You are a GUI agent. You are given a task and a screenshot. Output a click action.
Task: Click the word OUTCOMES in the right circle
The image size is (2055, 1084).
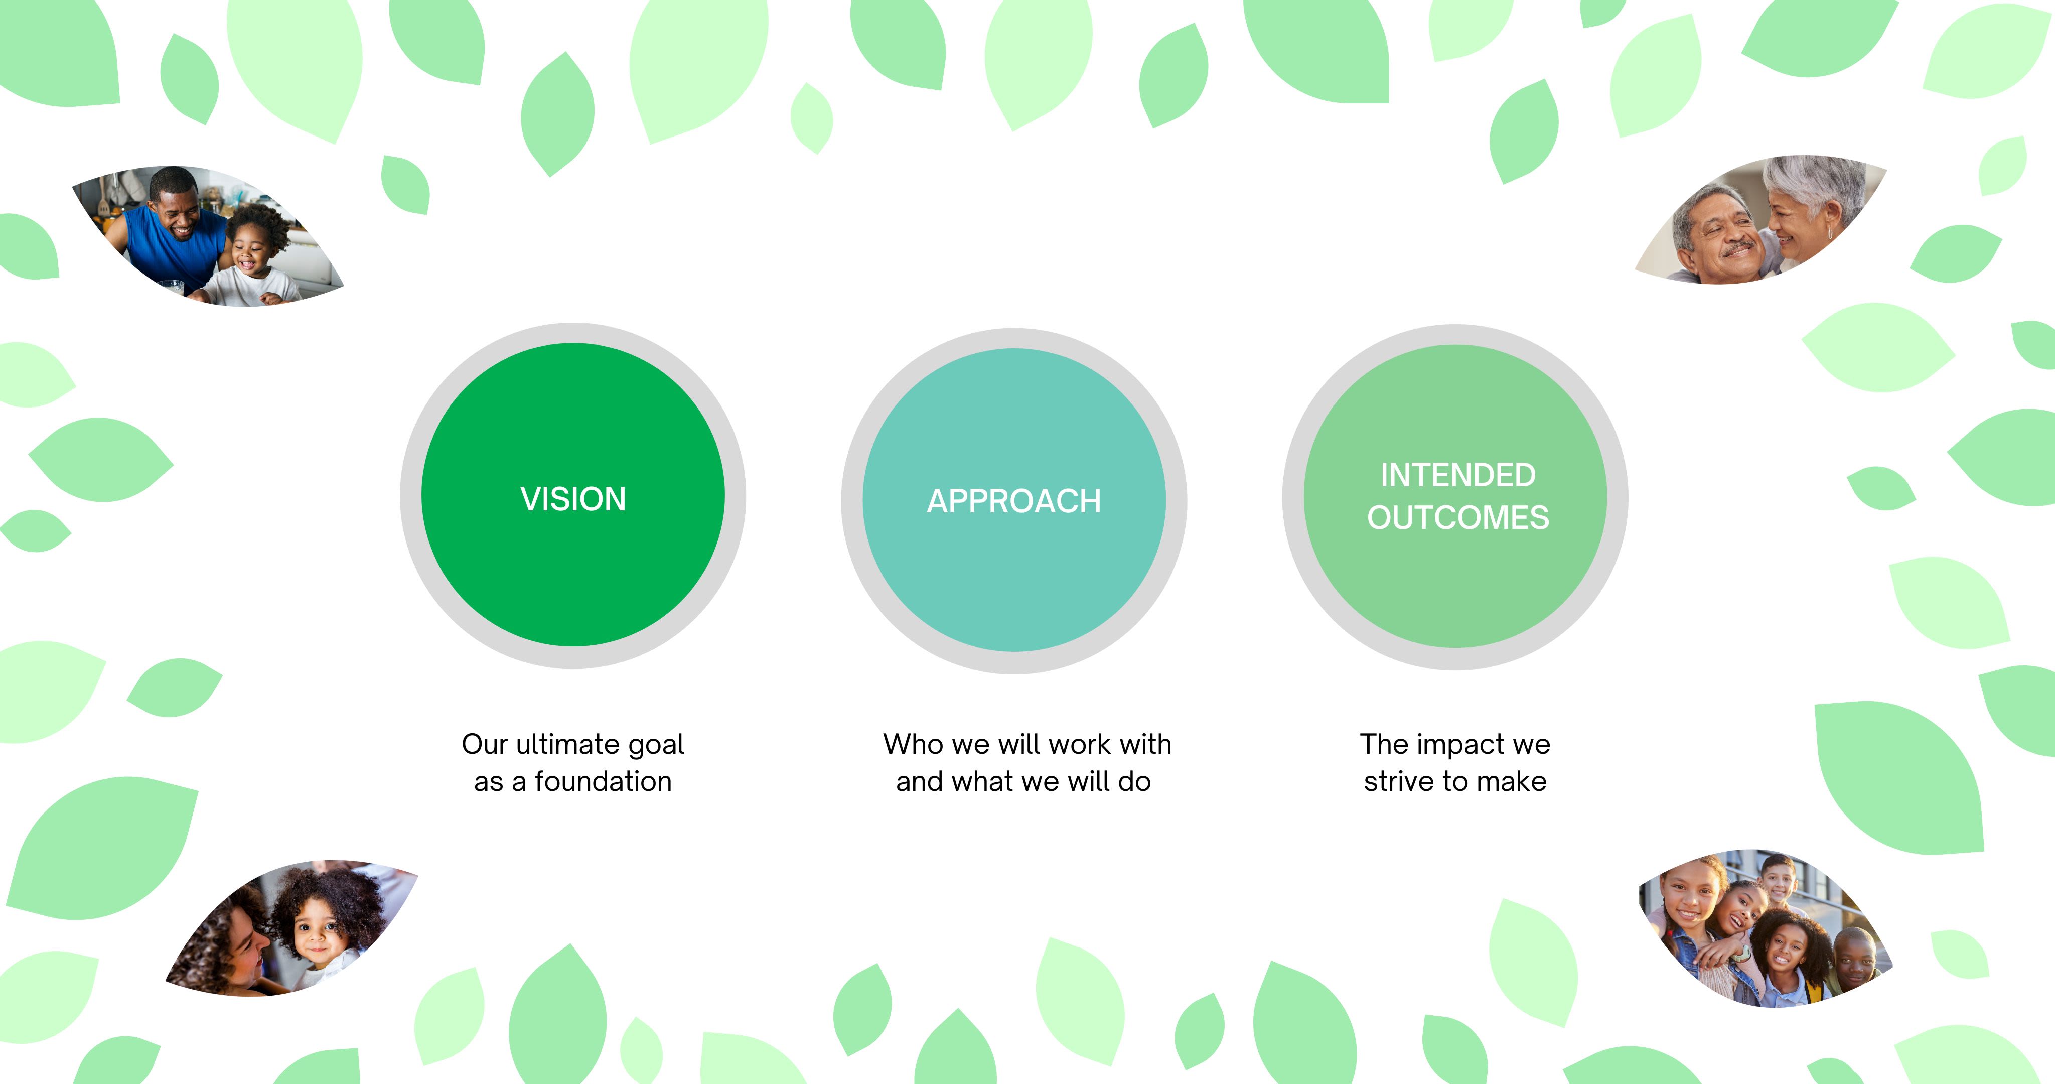[x=1457, y=518]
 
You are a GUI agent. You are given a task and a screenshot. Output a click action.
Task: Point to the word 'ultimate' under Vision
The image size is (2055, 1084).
[x=568, y=744]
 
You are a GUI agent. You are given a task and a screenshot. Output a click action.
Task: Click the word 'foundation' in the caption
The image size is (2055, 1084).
[x=603, y=781]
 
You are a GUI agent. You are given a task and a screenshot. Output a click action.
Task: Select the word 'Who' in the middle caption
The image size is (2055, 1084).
[x=914, y=744]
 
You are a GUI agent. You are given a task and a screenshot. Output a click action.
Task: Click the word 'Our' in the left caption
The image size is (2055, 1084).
[x=484, y=744]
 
